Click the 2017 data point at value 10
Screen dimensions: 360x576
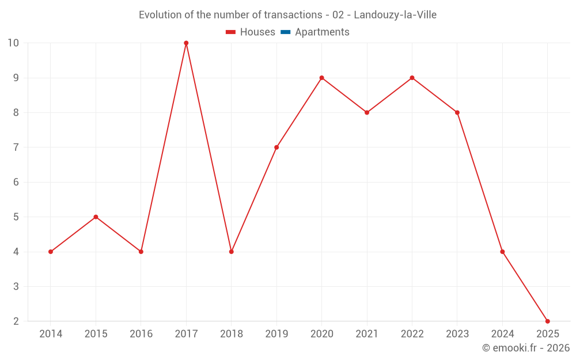[x=186, y=43]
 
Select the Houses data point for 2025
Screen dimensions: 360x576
[x=547, y=321]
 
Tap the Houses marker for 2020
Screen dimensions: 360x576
[x=321, y=78]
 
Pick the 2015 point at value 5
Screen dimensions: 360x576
[x=96, y=217]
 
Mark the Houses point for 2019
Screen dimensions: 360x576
[x=276, y=147]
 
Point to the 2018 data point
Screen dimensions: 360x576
[x=232, y=252]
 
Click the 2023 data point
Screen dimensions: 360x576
[x=457, y=112]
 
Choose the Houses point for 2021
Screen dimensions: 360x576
[x=367, y=112]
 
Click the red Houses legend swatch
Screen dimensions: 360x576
[x=231, y=32]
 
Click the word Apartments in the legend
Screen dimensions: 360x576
[x=322, y=32]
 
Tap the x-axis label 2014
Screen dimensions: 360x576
[x=51, y=334]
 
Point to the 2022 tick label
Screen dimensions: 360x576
[x=412, y=334]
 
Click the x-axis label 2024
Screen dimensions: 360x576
[x=502, y=334]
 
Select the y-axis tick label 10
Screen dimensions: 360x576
[x=13, y=43]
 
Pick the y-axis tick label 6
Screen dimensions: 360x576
[x=16, y=182]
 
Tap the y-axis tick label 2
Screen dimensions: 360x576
[x=16, y=321]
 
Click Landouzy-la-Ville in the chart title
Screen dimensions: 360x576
[x=395, y=15]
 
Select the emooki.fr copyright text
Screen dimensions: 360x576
[x=526, y=348]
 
